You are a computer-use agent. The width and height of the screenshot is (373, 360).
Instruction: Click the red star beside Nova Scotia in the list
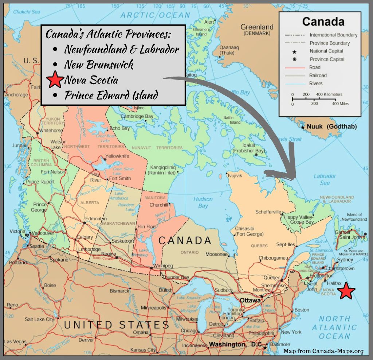tap(55, 80)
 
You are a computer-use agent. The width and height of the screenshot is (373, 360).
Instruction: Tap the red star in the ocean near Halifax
tap(346, 291)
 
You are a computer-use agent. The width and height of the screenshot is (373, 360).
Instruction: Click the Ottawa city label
tap(250, 300)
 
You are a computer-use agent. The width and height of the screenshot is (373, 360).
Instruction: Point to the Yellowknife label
tap(117, 156)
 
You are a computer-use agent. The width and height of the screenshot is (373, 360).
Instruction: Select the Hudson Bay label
tap(203, 202)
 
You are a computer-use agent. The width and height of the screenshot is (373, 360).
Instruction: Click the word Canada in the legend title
tap(323, 22)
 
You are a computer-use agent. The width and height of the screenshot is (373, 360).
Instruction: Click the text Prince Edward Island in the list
tap(111, 95)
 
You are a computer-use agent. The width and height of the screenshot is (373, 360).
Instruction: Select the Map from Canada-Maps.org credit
tap(323, 351)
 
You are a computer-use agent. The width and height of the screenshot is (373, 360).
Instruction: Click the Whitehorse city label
tap(51, 130)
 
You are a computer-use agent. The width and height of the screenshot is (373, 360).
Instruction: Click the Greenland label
tap(257, 27)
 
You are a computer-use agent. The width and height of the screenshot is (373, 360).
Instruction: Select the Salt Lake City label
tap(39, 319)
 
